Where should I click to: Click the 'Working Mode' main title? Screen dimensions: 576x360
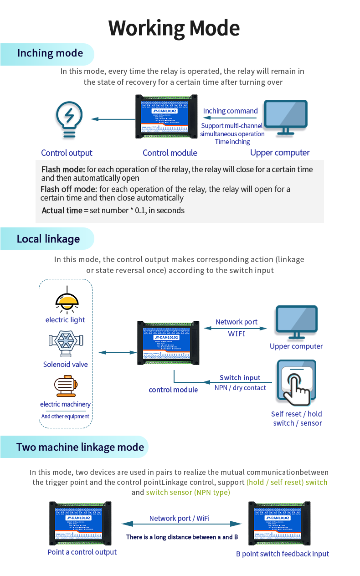(x=174, y=28)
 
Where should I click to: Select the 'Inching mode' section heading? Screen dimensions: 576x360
(x=50, y=53)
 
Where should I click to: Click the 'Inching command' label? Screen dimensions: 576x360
(x=231, y=111)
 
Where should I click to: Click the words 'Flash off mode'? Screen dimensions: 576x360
(x=68, y=189)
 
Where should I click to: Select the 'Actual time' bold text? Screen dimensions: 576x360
(x=62, y=211)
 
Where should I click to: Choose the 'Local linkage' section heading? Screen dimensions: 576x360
(x=48, y=239)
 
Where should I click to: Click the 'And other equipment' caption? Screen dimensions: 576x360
(x=65, y=417)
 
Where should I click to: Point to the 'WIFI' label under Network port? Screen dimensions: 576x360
(x=237, y=334)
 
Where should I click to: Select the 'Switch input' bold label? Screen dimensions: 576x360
(x=240, y=378)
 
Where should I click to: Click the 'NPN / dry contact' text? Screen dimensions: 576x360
(x=240, y=388)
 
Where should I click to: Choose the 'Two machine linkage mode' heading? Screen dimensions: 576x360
(x=80, y=447)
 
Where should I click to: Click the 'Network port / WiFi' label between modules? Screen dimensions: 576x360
(x=180, y=519)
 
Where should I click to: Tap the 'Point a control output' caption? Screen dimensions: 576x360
(x=82, y=552)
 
